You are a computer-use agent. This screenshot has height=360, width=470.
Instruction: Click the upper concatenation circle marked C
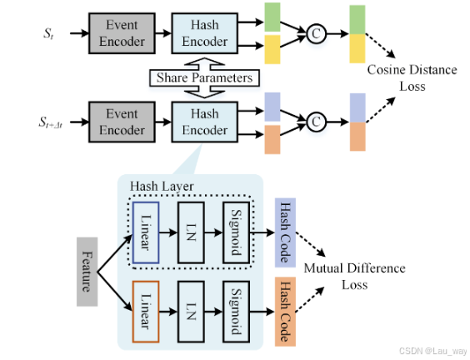click(x=316, y=34)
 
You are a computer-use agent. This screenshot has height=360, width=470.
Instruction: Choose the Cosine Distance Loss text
click(x=412, y=77)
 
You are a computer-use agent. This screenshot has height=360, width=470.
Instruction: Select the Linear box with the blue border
click(x=145, y=232)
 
